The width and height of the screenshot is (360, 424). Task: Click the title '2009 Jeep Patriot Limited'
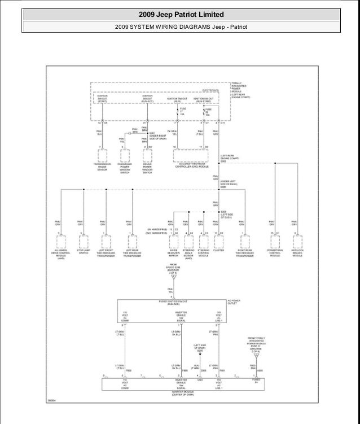click(180, 14)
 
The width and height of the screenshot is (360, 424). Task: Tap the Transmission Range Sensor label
click(103, 168)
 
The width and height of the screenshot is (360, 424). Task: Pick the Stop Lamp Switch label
click(83, 252)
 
